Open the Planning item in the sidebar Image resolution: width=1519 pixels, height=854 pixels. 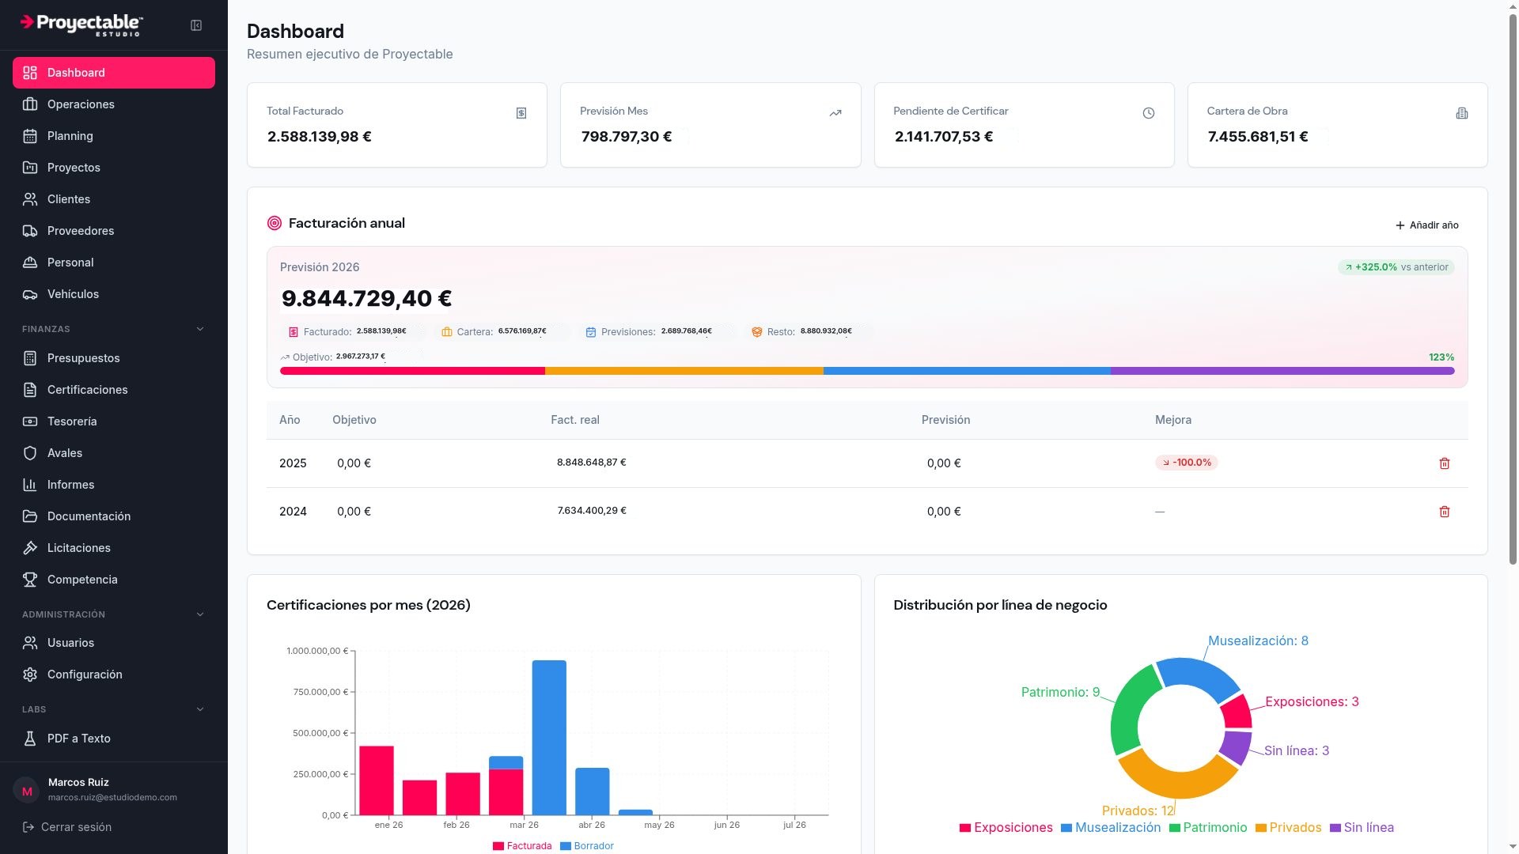point(70,136)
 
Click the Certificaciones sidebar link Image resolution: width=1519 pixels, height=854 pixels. point(87,390)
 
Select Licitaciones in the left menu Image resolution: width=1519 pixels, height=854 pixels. point(78,548)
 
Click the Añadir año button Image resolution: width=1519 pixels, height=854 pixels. point(1427,225)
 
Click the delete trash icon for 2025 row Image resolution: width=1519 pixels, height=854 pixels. point(1444,463)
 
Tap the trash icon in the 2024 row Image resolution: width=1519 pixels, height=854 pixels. point(1444,512)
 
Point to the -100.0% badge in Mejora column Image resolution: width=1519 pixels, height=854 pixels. point(1186,463)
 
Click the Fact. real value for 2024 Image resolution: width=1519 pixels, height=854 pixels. point(592,511)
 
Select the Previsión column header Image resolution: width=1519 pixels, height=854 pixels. point(945,420)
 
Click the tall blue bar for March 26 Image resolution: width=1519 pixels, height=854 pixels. point(549,737)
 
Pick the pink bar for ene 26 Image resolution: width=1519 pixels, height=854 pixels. point(377,780)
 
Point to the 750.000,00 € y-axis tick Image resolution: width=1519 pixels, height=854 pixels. point(320,692)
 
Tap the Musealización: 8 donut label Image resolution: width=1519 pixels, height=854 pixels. point(1258,640)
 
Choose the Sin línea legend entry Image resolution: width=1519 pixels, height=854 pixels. point(1362,828)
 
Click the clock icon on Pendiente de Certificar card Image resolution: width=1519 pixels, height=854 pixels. point(1149,113)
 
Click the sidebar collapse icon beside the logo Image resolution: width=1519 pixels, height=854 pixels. point(196,25)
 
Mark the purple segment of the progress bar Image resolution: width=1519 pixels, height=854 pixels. point(1282,371)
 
